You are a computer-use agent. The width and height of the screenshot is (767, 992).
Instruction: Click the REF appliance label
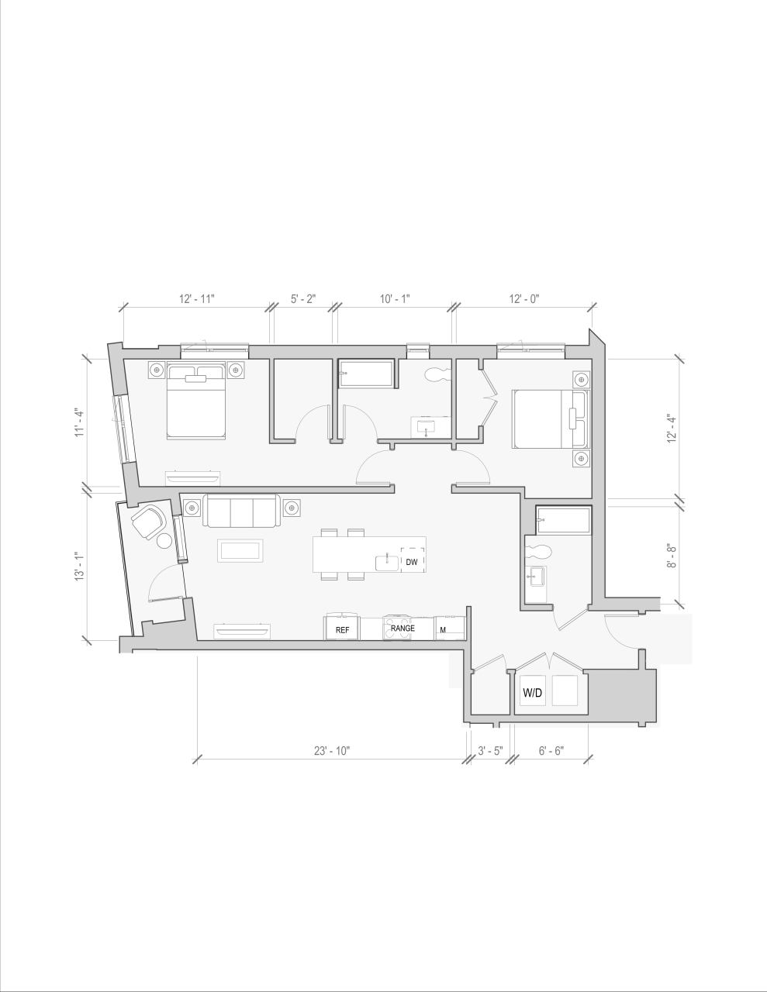(342, 631)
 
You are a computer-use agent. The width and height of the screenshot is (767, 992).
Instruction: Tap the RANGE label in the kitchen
(403, 628)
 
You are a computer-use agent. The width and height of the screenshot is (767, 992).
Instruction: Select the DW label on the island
(411, 562)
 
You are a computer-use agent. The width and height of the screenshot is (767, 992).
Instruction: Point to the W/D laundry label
(532, 693)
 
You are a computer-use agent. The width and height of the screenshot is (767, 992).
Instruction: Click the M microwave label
(443, 630)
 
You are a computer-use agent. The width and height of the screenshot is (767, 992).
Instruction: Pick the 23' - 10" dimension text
(332, 750)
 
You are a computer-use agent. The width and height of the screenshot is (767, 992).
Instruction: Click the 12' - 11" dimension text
(196, 298)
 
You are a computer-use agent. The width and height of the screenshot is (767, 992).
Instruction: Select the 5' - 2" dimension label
(303, 298)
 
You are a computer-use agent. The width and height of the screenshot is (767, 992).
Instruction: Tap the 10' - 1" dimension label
(395, 298)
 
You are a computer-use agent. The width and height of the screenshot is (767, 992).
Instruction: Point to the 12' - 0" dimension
(524, 298)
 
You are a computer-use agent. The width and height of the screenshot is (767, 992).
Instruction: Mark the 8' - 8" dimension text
(672, 556)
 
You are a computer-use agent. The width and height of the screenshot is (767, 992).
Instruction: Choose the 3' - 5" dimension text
(490, 750)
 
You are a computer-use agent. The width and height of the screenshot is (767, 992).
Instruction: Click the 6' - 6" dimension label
(551, 750)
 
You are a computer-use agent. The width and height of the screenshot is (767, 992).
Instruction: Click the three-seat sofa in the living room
(240, 511)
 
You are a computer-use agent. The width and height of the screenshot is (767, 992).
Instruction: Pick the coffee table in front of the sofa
(242, 551)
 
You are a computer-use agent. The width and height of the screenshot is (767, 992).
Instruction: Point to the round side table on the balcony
(164, 541)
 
